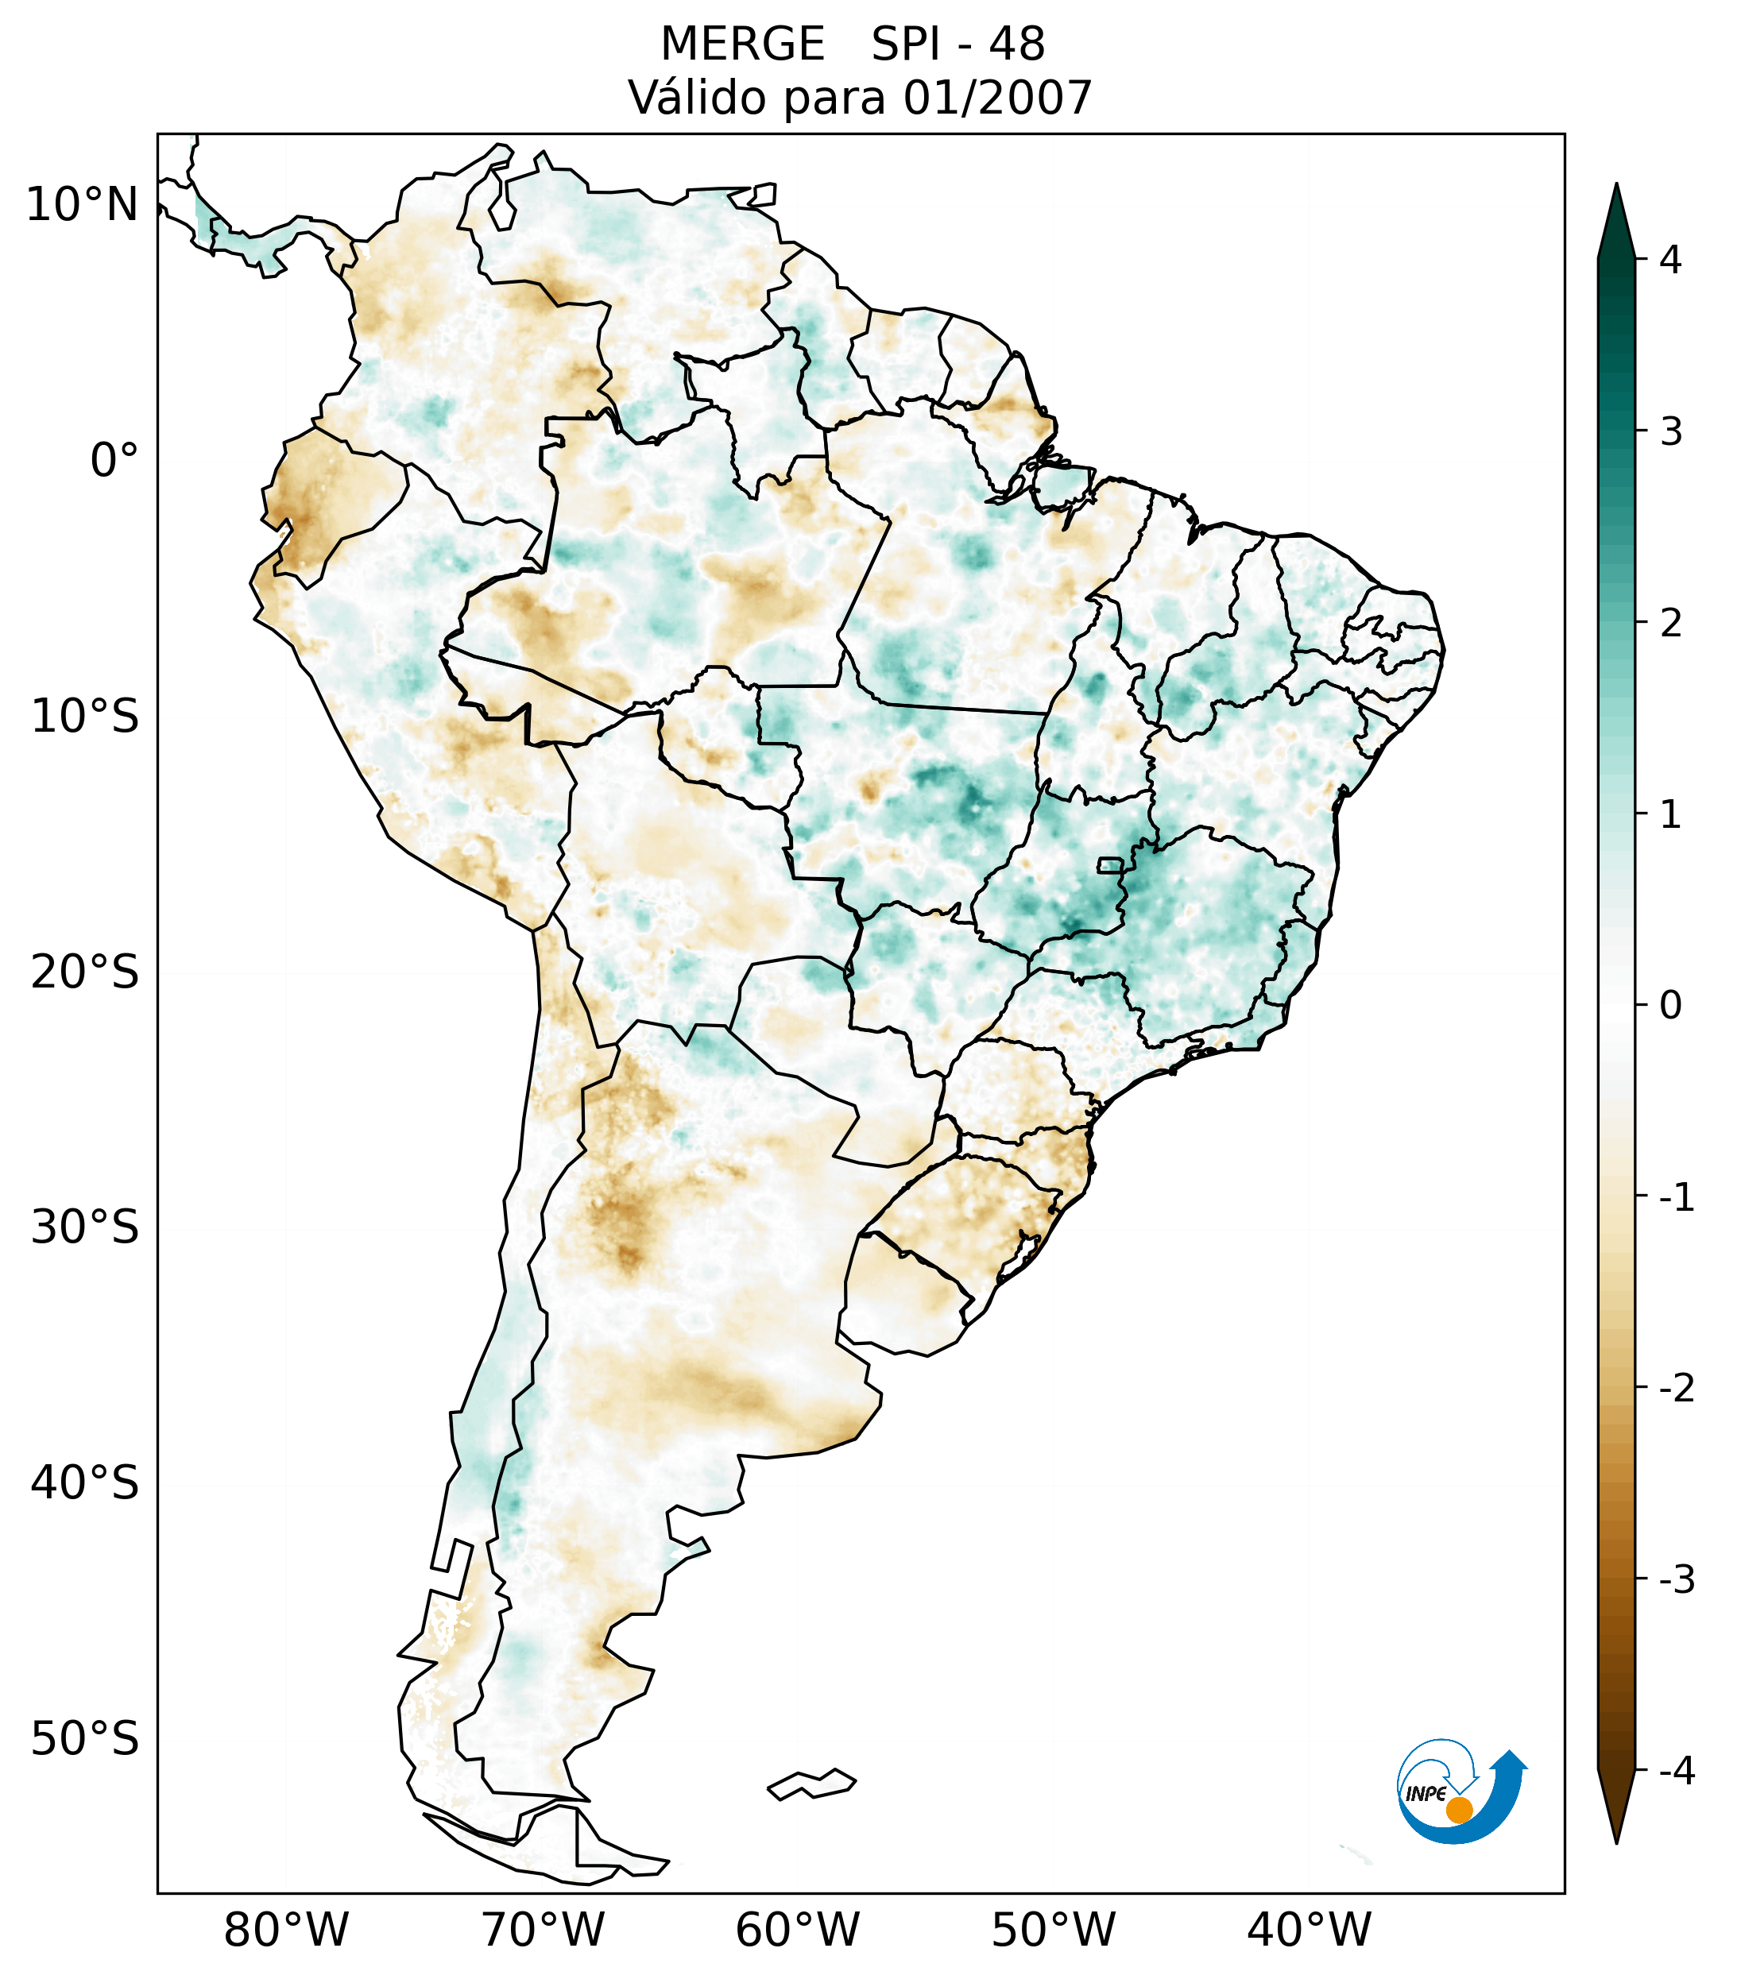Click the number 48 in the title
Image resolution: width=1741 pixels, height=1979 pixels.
1017,44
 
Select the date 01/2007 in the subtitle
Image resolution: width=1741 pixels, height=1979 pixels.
997,98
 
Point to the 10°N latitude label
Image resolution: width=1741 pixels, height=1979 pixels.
83,205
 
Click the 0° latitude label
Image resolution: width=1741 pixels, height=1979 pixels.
114,461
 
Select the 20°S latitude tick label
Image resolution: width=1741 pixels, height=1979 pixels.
85,972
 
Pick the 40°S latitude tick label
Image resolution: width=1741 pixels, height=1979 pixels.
85,1483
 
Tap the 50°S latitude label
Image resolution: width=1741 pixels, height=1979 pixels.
85,1740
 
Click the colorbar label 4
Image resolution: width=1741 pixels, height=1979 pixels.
1670,260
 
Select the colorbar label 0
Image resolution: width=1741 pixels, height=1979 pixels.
1670,1006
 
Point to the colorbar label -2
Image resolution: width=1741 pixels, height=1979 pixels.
1676,1389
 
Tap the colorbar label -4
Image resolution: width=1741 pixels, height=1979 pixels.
1676,1772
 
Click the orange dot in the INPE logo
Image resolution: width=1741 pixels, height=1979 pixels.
1459,1810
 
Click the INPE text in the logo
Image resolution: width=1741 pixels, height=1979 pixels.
1426,1794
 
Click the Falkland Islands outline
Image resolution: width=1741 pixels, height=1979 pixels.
811,1784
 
